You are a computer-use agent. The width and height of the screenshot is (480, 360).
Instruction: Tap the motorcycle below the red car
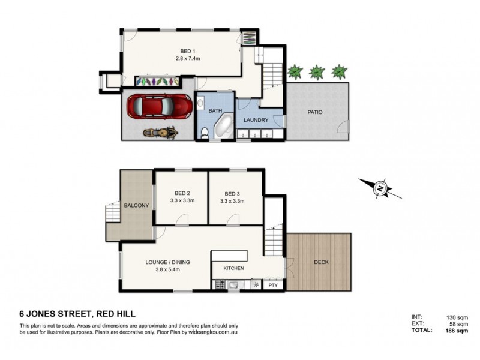click(x=159, y=131)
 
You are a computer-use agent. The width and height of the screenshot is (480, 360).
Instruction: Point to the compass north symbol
click(x=380, y=189)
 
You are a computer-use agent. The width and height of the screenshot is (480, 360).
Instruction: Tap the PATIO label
click(x=316, y=112)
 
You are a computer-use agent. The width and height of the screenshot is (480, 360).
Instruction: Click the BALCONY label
click(x=136, y=205)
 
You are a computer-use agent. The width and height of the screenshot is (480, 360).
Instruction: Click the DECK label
click(x=322, y=262)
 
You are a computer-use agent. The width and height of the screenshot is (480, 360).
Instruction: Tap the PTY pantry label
click(x=273, y=286)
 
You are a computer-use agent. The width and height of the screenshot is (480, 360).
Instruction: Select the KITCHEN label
click(x=234, y=269)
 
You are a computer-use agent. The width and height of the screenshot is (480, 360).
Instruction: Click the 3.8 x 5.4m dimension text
click(x=163, y=270)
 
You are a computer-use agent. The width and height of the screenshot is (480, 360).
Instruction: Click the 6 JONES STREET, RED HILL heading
click(x=77, y=313)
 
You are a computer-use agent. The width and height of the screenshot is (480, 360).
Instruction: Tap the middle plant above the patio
click(x=316, y=73)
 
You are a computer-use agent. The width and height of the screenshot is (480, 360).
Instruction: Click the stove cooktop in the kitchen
click(x=220, y=286)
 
